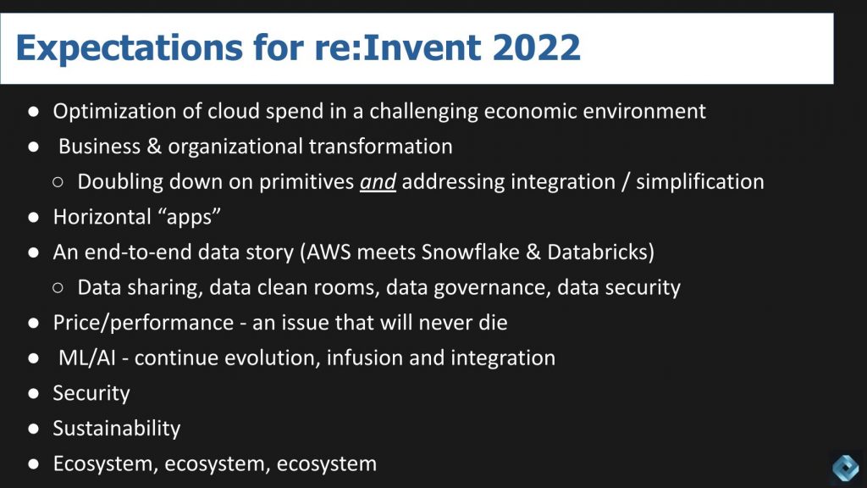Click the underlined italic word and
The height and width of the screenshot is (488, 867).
coord(378,181)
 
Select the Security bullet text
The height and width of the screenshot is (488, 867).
coord(91,393)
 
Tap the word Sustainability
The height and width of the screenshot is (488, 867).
coord(117,429)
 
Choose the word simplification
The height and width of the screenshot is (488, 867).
coord(700,181)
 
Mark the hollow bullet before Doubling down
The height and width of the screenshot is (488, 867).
coord(58,182)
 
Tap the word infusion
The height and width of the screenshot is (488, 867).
coord(365,358)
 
